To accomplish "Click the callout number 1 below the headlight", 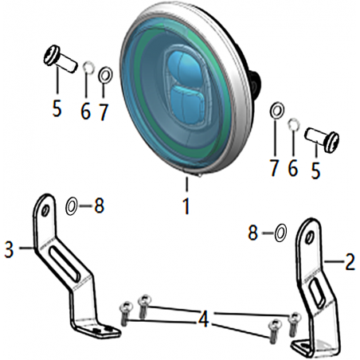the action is pos(187,207).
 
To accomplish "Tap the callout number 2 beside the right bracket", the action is pos(350,262).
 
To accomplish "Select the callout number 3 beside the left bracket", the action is pos(10,250).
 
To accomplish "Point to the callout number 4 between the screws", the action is pos(204,319).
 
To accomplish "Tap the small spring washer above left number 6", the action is pos(88,67).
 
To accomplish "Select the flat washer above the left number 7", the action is pos(105,75).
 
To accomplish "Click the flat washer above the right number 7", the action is pos(277,109).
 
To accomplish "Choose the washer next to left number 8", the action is pos(72,206).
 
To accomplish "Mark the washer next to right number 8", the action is pos(281,233).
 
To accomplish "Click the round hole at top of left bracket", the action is pos(45,209).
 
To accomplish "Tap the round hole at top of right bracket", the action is pos(309,237).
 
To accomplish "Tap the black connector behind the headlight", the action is pos(256,82).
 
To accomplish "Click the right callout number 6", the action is pos(293,167).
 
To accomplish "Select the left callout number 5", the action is pos(57,108).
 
